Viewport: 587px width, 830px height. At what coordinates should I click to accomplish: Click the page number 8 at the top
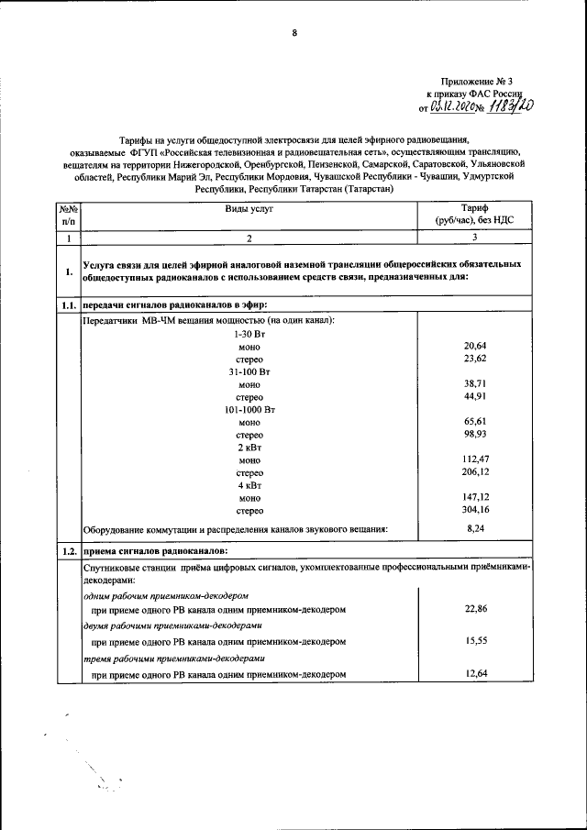tap(294, 33)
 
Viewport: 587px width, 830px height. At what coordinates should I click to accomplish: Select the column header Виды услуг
tap(249, 209)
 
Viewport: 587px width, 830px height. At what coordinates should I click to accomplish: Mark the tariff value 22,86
tap(474, 608)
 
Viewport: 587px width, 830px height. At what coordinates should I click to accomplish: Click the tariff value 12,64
tap(474, 674)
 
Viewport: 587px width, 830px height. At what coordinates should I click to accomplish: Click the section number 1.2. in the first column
tap(67, 551)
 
